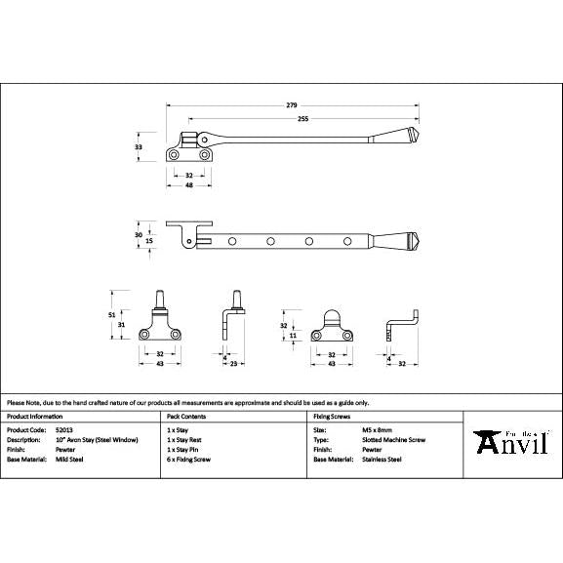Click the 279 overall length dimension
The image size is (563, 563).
pyautogui.click(x=291, y=104)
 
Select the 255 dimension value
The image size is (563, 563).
pyautogui.click(x=302, y=118)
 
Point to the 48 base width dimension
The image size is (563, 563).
pyautogui.click(x=189, y=184)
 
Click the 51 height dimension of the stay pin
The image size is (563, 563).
pyautogui.click(x=112, y=314)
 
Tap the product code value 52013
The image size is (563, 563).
pyautogui.click(x=65, y=429)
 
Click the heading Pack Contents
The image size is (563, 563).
pyautogui.click(x=186, y=415)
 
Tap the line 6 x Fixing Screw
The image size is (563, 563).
pyautogui.click(x=189, y=459)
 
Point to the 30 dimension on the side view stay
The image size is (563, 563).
pyautogui.click(x=139, y=234)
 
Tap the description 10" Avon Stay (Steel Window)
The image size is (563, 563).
pyautogui.click(x=97, y=439)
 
